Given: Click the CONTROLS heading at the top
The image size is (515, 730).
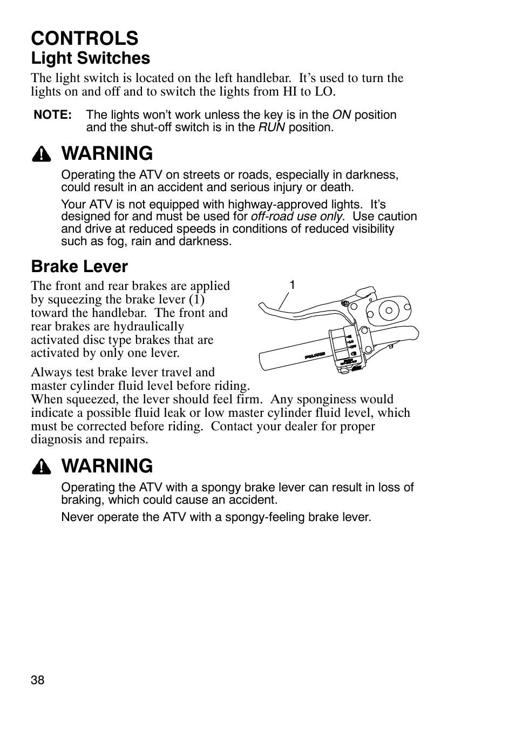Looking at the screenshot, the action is (85, 38).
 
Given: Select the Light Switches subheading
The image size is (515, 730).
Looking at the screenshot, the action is (90, 58).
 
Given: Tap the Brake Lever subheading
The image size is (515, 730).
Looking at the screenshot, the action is (79, 266).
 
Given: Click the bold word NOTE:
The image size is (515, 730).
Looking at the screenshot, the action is (52, 115).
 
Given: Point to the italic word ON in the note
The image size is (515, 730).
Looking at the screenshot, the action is (341, 115).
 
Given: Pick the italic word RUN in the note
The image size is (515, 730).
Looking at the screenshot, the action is (272, 127).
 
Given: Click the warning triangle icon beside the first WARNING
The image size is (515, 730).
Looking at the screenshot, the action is (41, 155).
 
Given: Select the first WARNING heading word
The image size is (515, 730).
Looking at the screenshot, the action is (107, 154).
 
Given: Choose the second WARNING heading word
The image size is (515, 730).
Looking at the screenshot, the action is (107, 466).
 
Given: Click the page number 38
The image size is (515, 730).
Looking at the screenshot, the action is (37, 680).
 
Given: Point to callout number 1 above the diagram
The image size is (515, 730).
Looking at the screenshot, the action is (292, 285).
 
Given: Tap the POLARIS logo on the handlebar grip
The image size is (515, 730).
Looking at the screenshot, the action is (315, 356).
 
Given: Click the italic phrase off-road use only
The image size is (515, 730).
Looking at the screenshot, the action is (296, 217).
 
